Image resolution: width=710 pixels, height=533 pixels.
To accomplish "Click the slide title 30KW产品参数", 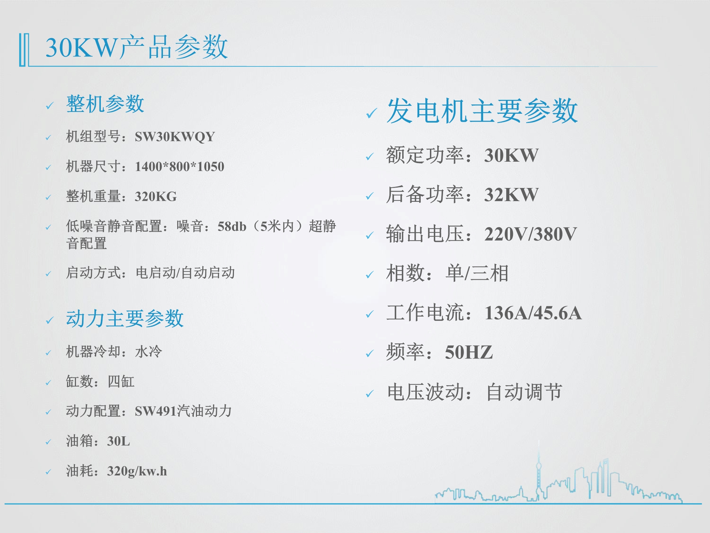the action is click(x=137, y=47).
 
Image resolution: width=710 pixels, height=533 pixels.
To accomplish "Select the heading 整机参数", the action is click(x=105, y=104).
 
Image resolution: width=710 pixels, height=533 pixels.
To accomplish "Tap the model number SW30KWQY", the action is click(x=175, y=137).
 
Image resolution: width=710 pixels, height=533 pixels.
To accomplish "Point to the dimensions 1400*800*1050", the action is click(x=180, y=167).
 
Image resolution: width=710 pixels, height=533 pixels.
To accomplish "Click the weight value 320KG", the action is click(x=156, y=196).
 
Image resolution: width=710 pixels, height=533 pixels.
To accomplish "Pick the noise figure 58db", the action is click(x=232, y=226).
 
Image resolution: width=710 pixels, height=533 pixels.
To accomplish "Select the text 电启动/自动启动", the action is click(x=185, y=273).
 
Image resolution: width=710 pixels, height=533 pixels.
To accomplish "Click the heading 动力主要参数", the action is click(x=125, y=318).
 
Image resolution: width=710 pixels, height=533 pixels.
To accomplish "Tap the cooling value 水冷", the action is click(x=148, y=352).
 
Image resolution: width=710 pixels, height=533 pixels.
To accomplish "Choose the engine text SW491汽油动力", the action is click(x=183, y=411).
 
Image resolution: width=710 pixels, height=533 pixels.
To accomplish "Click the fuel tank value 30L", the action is click(x=119, y=441).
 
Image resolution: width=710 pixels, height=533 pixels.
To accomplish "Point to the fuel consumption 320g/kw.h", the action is click(x=137, y=472).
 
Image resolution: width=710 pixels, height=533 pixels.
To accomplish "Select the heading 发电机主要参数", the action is click(x=482, y=111).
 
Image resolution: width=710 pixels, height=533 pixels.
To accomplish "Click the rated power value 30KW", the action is click(x=512, y=156).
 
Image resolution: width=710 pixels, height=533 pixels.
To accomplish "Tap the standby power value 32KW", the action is click(x=512, y=195).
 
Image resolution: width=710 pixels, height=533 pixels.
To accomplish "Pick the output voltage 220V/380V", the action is click(x=531, y=235).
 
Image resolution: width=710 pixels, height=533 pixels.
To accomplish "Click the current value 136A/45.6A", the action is click(x=533, y=313).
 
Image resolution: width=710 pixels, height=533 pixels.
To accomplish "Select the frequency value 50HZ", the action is click(x=469, y=353).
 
